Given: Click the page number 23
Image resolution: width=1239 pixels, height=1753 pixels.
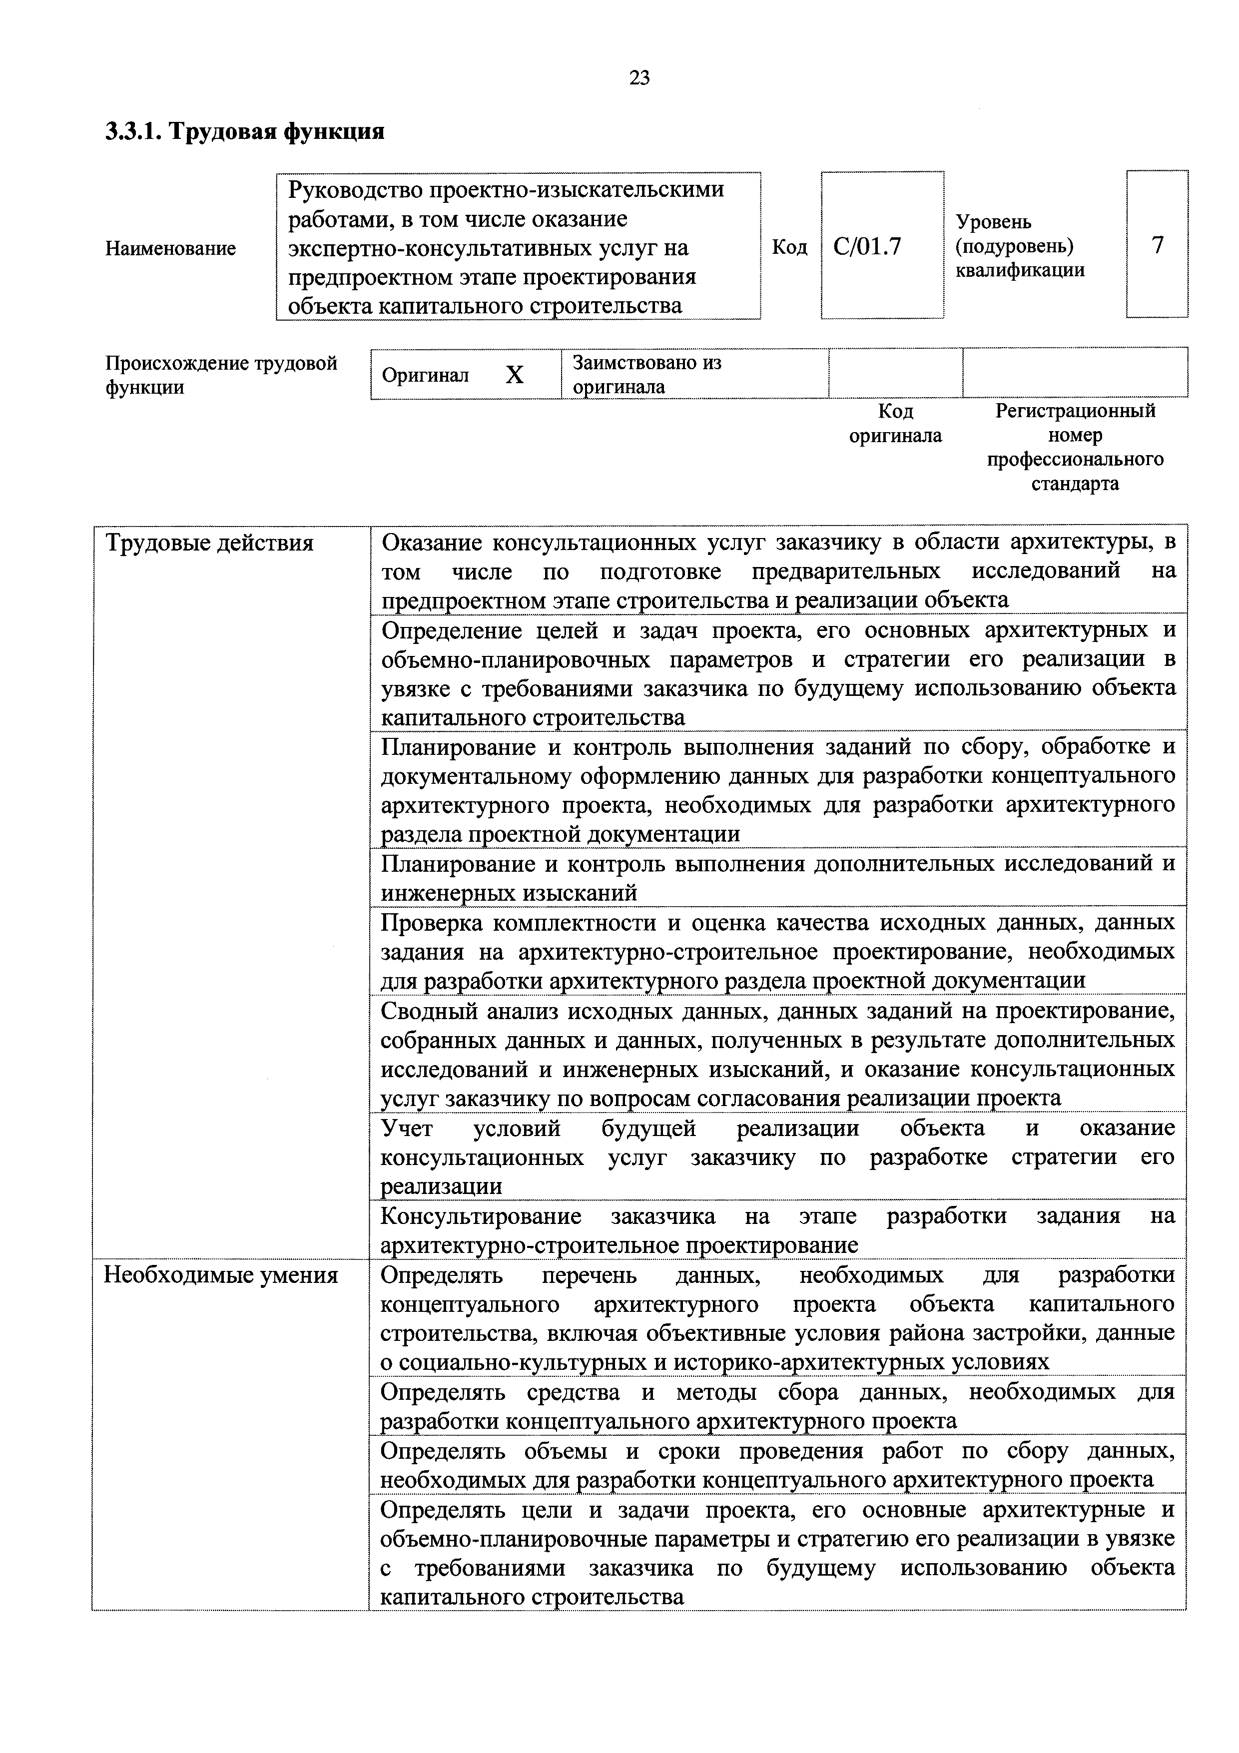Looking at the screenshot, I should [x=639, y=77].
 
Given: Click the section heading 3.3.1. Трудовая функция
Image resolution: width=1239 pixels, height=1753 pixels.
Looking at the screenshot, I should [x=244, y=131].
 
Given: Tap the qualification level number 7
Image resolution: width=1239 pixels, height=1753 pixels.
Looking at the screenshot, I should [x=1158, y=246].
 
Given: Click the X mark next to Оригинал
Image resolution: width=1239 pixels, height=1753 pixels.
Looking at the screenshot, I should [x=515, y=375].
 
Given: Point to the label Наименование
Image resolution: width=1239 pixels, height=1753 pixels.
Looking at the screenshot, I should [x=170, y=248].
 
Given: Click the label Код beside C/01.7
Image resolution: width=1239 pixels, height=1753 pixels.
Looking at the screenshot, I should [x=789, y=247].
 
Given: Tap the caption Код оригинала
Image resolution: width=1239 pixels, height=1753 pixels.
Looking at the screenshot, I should [x=895, y=424].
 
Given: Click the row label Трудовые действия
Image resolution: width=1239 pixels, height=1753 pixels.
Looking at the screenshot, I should [x=209, y=543].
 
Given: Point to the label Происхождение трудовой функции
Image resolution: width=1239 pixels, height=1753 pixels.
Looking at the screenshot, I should [x=221, y=374].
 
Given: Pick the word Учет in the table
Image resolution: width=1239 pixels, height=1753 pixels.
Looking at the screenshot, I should [x=406, y=1129].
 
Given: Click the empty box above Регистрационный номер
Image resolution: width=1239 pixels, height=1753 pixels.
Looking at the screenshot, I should [x=1075, y=373].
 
